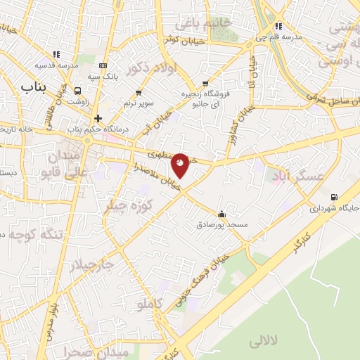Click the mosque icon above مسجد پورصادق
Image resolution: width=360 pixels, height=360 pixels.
pyautogui.click(x=222, y=214)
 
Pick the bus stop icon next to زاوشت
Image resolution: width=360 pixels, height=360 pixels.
pyautogui.click(x=77, y=91)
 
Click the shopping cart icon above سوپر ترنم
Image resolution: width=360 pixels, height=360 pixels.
pyautogui.click(x=139, y=92)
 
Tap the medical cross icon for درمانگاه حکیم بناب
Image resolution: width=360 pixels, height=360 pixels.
pyautogui.click(x=98, y=118)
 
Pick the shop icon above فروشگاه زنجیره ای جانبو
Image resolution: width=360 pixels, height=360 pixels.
pyautogui.click(x=205, y=82)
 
